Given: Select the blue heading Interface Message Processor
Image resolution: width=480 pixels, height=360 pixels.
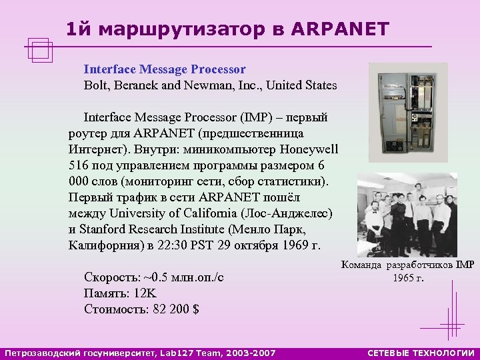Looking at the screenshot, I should [x=165, y=69].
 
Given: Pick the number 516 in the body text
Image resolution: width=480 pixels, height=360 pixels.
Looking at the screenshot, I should [x=79, y=165].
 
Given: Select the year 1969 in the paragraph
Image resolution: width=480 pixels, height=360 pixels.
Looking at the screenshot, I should [x=293, y=245].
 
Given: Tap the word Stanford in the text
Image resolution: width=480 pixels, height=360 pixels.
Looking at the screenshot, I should [x=101, y=229].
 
